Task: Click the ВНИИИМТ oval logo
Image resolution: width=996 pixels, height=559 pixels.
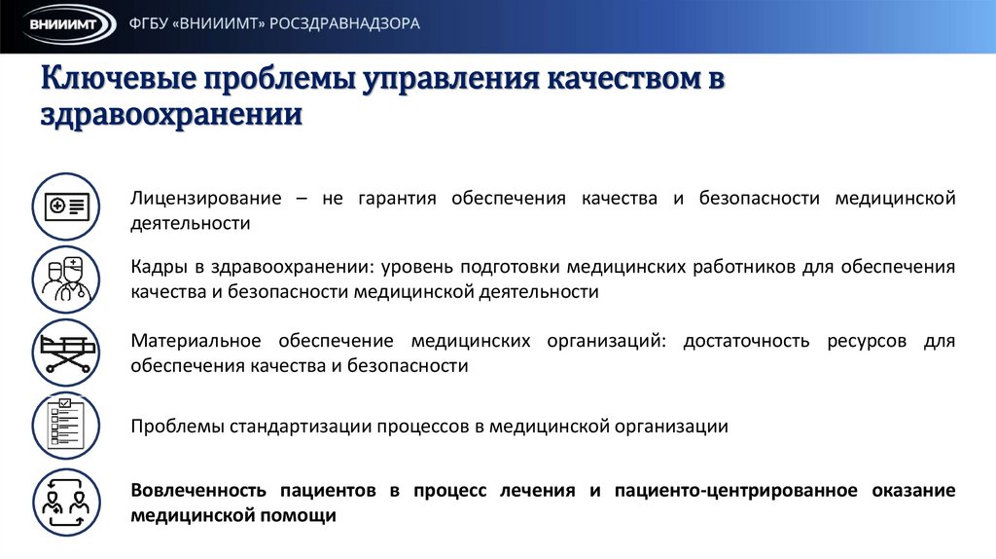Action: (61, 25)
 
